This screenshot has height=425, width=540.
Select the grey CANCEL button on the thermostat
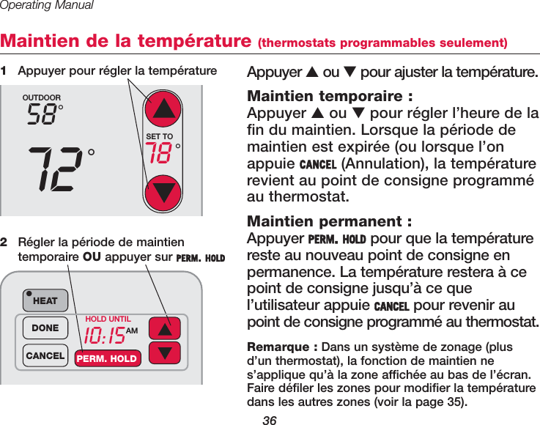45,355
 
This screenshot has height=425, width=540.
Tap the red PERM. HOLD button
106,358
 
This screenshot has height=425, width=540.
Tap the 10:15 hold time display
104,336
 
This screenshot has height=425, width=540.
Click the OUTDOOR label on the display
42,97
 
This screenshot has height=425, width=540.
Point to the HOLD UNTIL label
108,319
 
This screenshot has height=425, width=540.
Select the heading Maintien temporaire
330,97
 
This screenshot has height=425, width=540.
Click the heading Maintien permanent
330,221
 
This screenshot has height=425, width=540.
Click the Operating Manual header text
47,6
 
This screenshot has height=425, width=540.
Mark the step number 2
4,241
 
